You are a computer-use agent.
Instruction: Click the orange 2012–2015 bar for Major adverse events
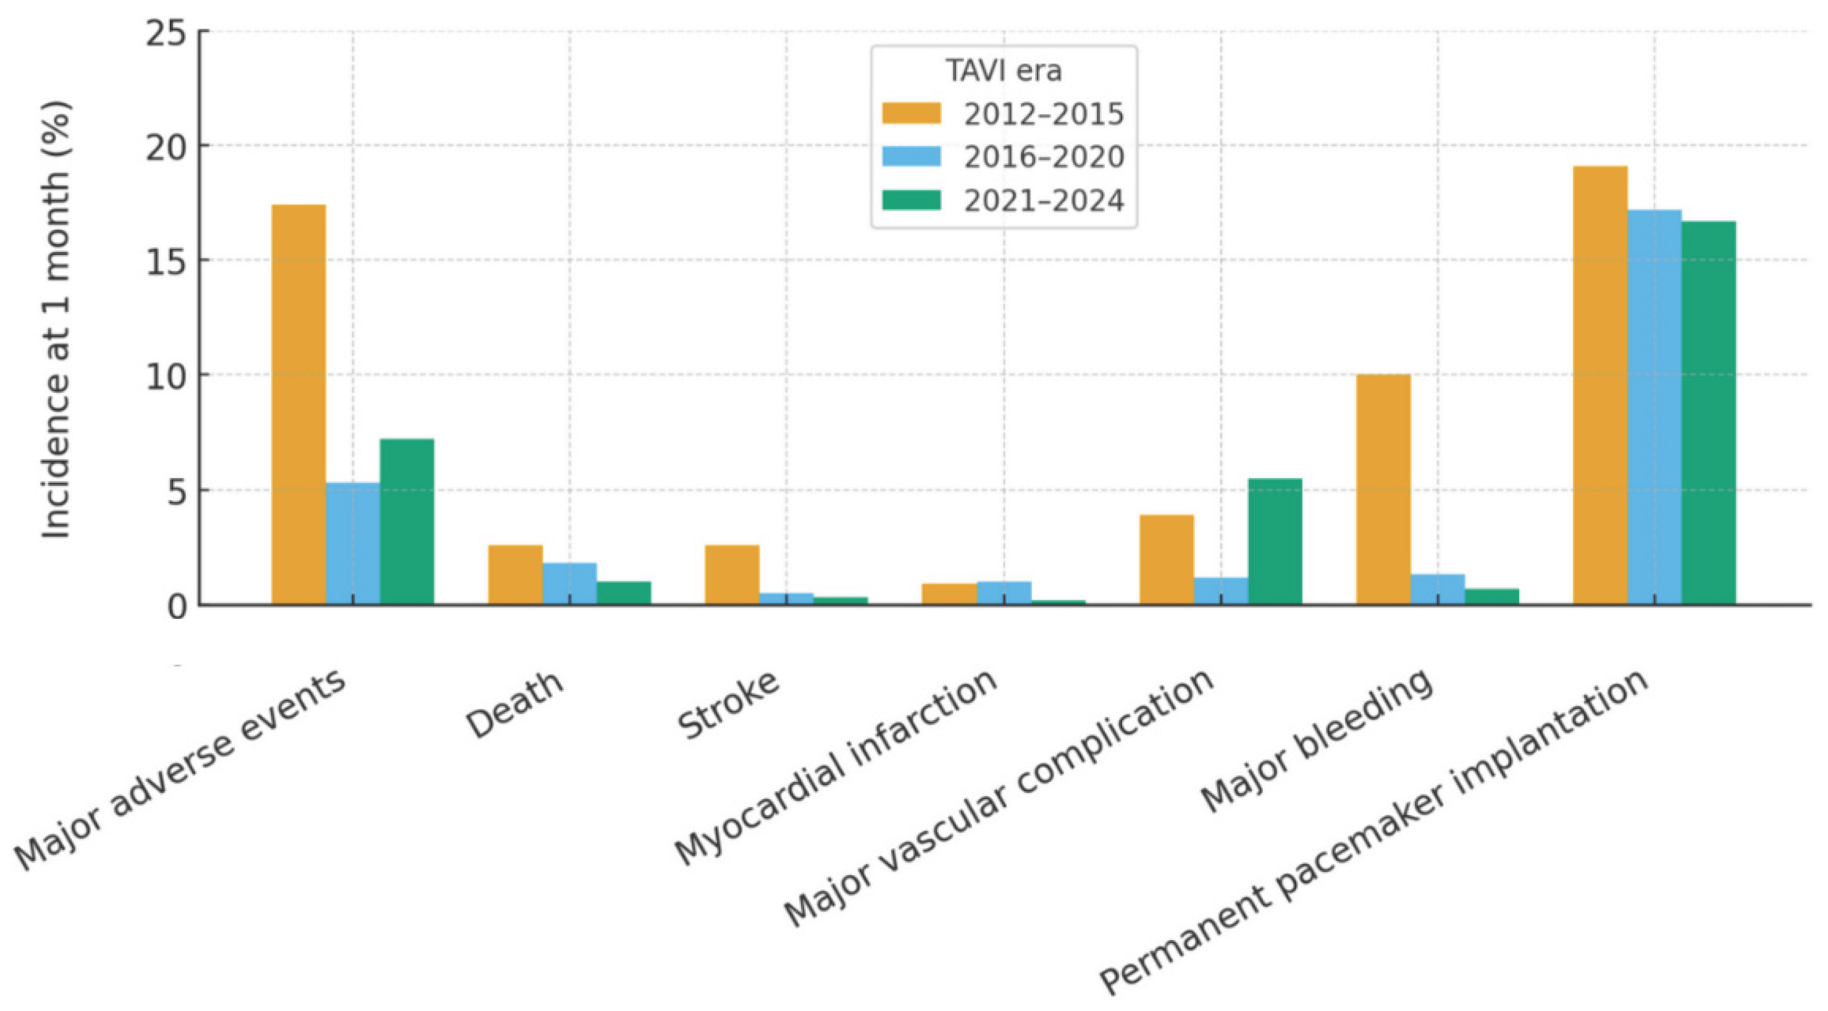click(299, 405)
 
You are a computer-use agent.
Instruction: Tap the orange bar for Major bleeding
click(1383, 490)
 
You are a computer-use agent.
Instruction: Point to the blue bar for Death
click(569, 583)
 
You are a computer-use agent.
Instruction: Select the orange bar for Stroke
click(732, 575)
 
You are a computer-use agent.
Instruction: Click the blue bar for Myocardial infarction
click(1004, 593)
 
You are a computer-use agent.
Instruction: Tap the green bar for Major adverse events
click(406, 521)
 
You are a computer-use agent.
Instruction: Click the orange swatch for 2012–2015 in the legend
click(911, 114)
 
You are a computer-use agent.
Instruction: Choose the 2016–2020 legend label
click(1043, 157)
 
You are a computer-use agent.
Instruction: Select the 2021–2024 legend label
click(1043, 201)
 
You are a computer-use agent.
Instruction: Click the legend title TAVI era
click(1004, 71)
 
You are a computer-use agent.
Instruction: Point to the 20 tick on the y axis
click(167, 146)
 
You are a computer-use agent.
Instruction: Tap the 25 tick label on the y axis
click(167, 33)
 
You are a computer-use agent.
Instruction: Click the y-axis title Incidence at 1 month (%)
click(56, 319)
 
